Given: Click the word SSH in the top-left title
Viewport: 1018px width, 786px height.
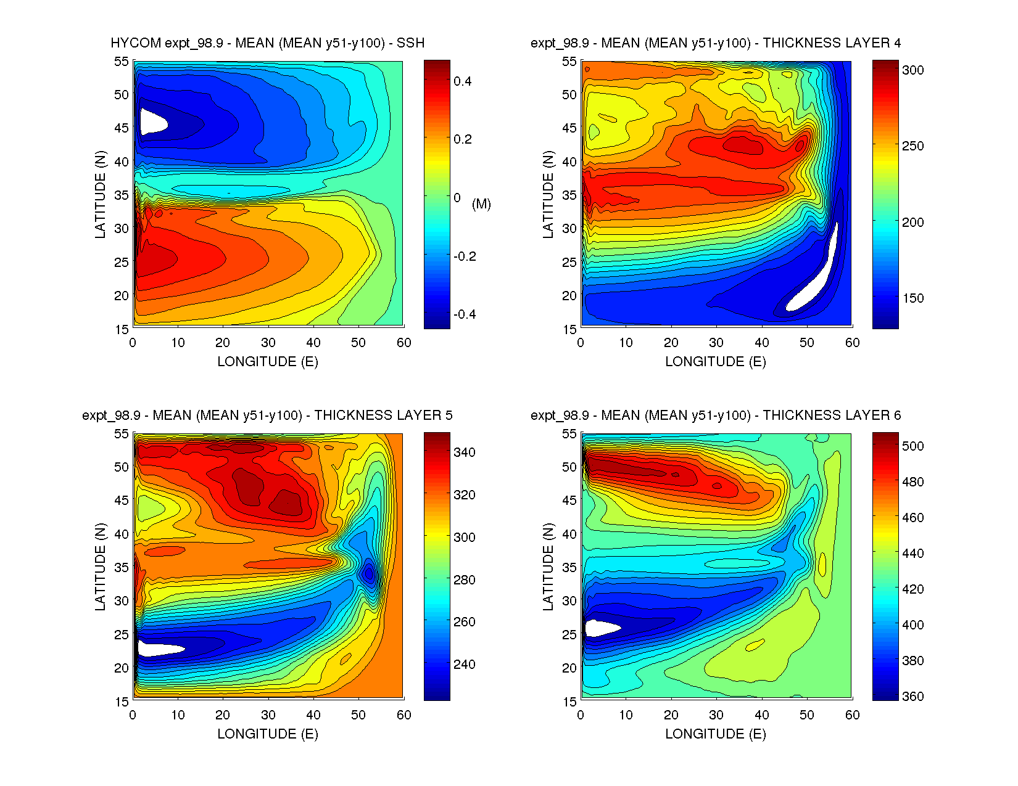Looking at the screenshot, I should coord(410,43).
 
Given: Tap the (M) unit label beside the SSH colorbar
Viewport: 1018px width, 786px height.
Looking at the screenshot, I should coord(481,204).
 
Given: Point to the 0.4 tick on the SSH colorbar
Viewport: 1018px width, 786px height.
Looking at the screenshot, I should coord(462,81).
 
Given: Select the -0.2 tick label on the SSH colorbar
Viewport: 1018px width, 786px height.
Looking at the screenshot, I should coord(465,256).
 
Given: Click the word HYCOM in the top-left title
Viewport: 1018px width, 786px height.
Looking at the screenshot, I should coord(136,43).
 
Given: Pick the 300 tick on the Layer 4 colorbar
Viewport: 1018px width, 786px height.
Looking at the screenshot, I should coord(912,70).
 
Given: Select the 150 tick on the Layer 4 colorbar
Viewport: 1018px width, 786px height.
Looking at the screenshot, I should coord(912,298).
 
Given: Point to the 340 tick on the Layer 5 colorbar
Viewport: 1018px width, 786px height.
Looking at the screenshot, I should coord(464,452).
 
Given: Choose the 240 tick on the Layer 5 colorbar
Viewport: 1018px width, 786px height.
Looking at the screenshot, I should coord(464,665).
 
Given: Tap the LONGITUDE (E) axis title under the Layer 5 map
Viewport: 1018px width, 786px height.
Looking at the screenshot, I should coord(268,734).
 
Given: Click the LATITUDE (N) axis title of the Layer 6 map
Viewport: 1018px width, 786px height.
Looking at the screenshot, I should coord(548,567).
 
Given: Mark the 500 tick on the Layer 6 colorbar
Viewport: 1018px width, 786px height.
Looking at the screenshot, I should coord(912,446).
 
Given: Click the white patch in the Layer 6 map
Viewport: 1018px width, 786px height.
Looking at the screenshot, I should coord(600,628).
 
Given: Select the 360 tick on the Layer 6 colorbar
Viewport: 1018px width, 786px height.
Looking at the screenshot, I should coord(912,697).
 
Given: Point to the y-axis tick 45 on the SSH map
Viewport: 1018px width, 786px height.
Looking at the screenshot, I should coord(121,128).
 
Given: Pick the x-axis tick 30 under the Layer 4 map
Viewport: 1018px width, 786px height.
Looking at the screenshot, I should coord(716,343).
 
